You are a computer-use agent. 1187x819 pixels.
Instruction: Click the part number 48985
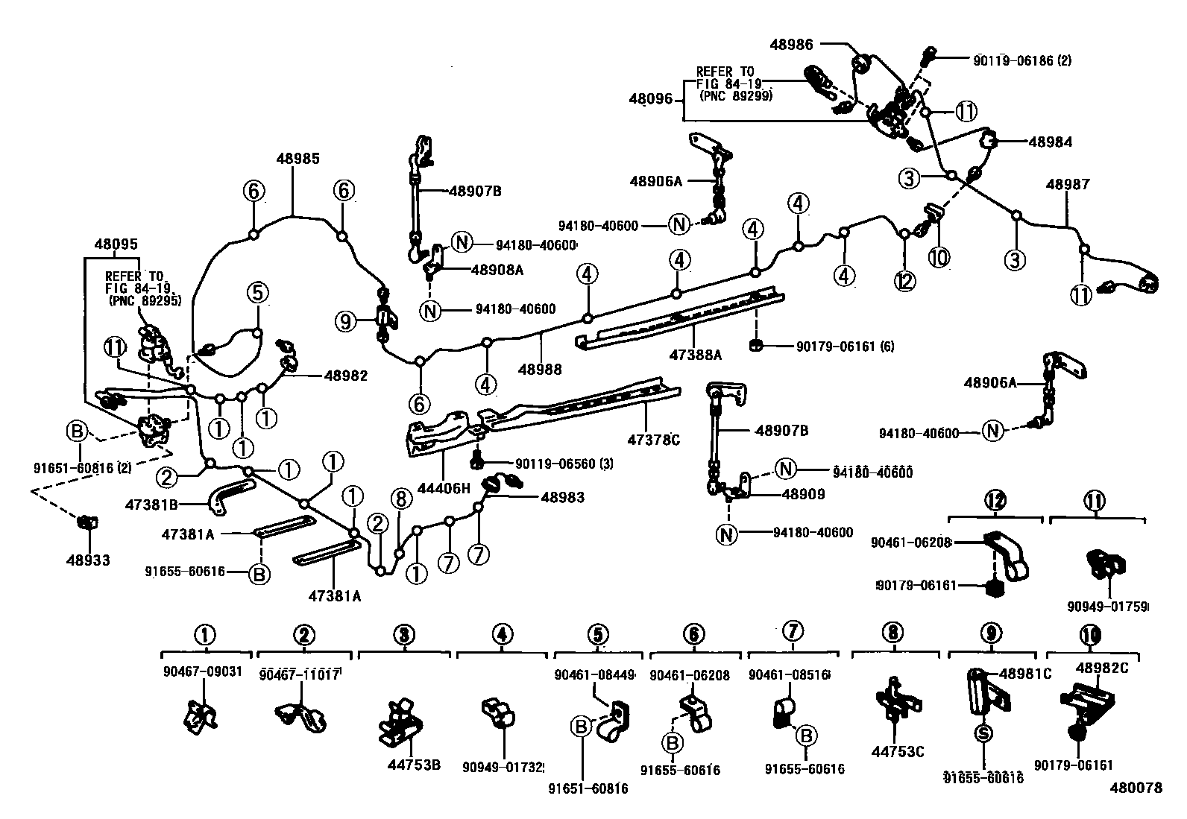point(297,158)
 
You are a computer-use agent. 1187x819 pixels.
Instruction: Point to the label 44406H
point(444,488)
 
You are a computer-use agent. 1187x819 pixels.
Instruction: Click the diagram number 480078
point(1136,788)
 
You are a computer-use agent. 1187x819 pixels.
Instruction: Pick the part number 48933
point(86,559)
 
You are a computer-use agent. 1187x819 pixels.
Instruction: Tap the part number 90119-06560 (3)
point(554,464)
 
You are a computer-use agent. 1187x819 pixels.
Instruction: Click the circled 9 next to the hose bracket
point(345,321)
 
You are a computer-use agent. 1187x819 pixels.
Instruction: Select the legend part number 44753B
point(414,765)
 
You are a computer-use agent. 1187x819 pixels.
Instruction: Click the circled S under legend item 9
point(983,733)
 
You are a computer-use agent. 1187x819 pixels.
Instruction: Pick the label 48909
point(803,493)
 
